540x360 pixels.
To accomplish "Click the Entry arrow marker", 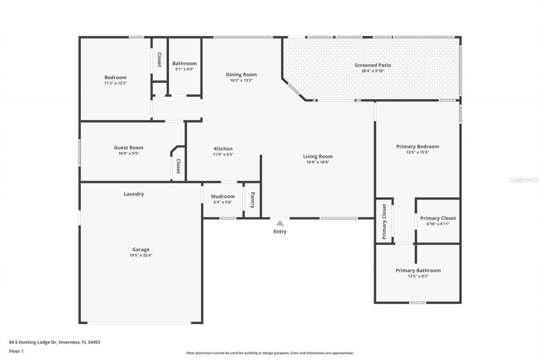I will tap(280, 223).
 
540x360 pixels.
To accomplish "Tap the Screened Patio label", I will tap(373, 65).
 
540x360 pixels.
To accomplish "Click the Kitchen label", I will tap(223, 149).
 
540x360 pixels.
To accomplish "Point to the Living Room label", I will tap(318, 156).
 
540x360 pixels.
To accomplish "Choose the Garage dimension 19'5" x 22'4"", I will tap(140, 255).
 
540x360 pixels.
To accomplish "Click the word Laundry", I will tap(134, 194).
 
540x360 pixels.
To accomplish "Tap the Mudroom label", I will tap(223, 196).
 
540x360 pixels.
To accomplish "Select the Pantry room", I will tap(252, 200).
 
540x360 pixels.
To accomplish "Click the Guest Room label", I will tap(129, 148).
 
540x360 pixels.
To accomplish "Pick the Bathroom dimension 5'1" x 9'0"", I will tap(184, 69).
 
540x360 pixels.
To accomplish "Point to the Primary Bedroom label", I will tap(417, 146).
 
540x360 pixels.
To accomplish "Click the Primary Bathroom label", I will tap(418, 271).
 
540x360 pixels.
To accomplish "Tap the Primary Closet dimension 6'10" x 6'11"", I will tap(438, 224).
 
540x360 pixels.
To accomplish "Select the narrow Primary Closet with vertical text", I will tap(384, 221).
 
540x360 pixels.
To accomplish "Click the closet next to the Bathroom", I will tap(159, 60).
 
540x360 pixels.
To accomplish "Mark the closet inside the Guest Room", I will tap(178, 166).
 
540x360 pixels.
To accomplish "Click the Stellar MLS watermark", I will tap(524, 180).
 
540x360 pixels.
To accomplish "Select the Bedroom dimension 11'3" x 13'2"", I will tap(116, 83).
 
